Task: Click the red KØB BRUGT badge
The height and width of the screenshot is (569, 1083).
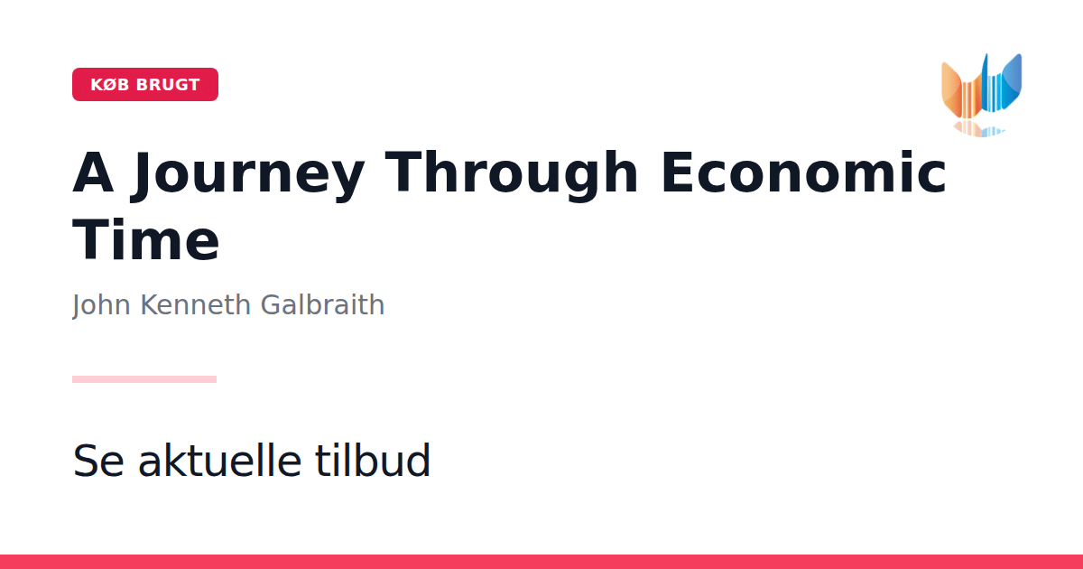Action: (x=145, y=84)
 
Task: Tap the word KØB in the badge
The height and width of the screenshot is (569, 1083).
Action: (x=110, y=85)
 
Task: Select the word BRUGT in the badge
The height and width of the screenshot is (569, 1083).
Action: (x=168, y=85)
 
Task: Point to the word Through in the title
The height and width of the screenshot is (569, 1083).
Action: (x=512, y=173)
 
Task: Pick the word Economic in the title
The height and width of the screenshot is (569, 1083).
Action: (x=803, y=173)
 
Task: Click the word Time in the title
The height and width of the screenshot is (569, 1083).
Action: (x=146, y=239)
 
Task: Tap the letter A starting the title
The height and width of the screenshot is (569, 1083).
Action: (x=93, y=172)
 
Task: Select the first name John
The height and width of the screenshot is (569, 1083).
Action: (x=101, y=305)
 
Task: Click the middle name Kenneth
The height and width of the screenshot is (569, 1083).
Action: (x=195, y=305)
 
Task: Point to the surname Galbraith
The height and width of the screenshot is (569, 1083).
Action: (x=322, y=305)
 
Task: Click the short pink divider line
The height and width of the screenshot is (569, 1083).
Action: (x=144, y=379)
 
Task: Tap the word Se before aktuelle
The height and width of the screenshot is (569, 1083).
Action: (x=98, y=460)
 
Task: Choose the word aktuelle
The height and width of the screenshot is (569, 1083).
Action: (x=220, y=459)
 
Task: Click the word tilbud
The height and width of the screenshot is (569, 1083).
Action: (x=372, y=459)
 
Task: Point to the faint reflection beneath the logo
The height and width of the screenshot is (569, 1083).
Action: (x=979, y=129)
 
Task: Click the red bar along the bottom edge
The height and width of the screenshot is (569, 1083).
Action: (x=541, y=562)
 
